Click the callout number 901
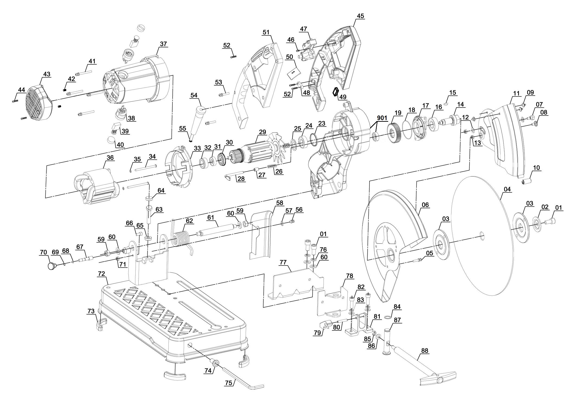382,118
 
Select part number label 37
163,44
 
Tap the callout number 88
425,351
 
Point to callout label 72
102,274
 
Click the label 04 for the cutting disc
507,189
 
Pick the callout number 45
360,16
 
